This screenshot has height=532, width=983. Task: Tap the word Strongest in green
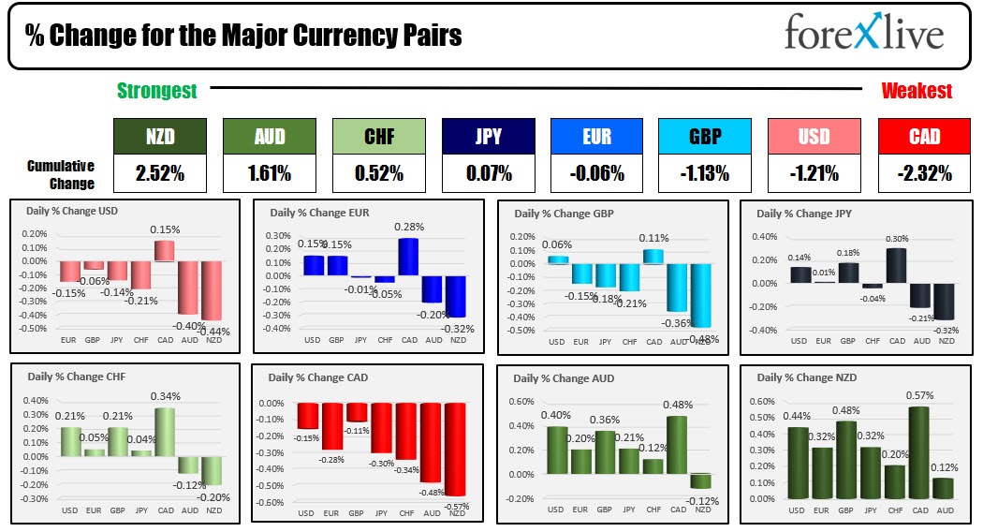[x=156, y=91]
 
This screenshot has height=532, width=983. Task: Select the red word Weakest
[x=917, y=91]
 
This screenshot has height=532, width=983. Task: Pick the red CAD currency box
[x=924, y=136]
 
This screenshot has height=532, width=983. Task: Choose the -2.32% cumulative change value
[x=924, y=173]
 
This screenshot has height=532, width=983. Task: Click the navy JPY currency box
[x=489, y=136]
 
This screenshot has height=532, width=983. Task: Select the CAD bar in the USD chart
[x=164, y=250]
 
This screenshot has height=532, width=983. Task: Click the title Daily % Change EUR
[x=319, y=213]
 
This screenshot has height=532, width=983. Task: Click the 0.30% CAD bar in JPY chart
[x=897, y=265]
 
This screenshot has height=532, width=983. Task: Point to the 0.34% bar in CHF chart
[x=165, y=432]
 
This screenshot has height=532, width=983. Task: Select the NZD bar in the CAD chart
[x=455, y=449]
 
